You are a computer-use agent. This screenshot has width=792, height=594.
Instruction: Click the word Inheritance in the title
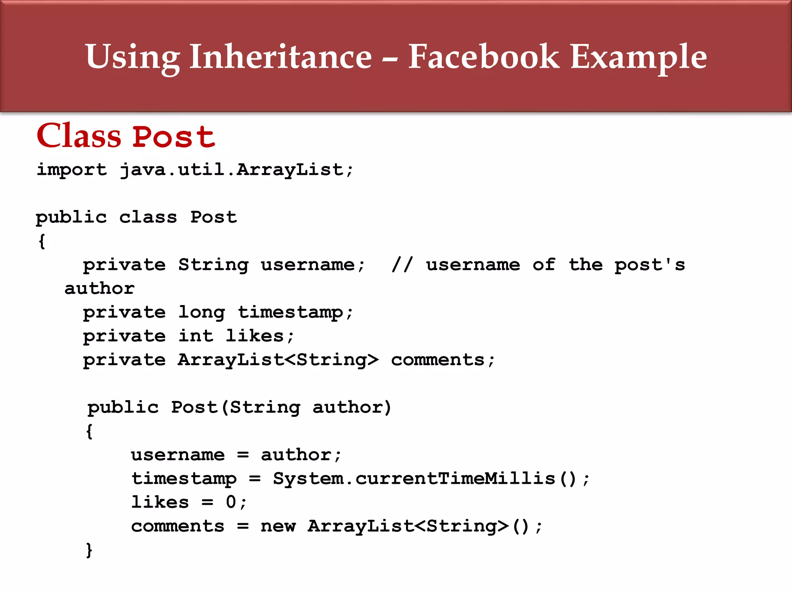(280, 57)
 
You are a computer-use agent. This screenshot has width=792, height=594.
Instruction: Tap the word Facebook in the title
(483, 57)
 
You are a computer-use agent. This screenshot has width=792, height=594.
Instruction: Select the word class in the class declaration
(148, 217)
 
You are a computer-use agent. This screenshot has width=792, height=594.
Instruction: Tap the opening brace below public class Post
(42, 241)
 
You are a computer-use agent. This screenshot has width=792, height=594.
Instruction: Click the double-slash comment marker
(402, 265)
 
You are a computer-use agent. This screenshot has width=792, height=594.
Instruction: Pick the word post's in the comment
(650, 265)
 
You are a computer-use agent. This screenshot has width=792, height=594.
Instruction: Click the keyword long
(201, 312)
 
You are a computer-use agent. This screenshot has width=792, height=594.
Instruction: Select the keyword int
(196, 336)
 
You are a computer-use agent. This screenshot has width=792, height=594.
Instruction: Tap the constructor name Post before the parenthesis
(195, 408)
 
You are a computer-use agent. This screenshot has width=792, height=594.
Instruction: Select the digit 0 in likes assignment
(231, 502)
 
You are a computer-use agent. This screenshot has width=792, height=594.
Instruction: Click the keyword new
(278, 526)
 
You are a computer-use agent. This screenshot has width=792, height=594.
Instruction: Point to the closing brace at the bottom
(89, 550)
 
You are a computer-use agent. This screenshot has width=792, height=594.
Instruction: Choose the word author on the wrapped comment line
(99, 289)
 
